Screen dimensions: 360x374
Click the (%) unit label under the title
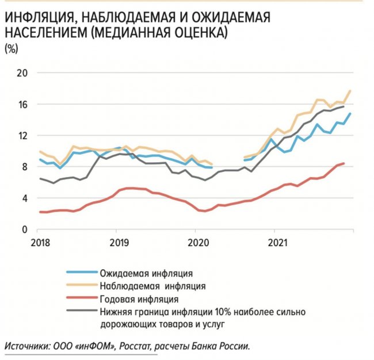point(11,48)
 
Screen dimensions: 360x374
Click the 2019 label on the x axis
point(117,242)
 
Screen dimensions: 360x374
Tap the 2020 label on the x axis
point(196,242)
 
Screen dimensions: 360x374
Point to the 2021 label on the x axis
point(276,242)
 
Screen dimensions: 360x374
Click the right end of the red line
point(344,163)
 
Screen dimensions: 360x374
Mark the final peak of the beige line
point(350,91)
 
